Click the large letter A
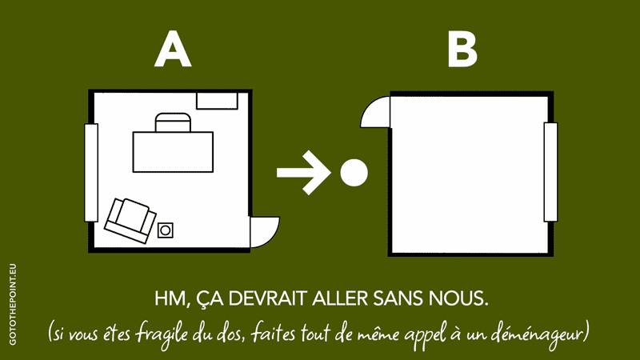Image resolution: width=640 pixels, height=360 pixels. point(173,50)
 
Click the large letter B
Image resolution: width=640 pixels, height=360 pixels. point(462,50)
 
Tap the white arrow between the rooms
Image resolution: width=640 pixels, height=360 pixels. point(303,172)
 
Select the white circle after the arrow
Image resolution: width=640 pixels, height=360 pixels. point(354,173)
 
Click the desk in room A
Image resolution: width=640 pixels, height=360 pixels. point(173,152)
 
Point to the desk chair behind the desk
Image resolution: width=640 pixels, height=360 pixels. point(173,122)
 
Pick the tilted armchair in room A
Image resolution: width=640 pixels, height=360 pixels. point(130,221)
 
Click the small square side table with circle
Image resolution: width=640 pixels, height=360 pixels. point(166,230)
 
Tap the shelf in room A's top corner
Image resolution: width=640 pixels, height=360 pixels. point(217,101)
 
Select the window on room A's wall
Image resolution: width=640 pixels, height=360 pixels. point(91,173)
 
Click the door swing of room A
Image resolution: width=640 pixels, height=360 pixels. point(265,232)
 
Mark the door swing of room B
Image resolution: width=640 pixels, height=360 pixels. point(375,112)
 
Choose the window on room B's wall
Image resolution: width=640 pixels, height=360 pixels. point(550,172)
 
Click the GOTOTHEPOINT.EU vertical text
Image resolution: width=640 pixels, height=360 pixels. point(13,305)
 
